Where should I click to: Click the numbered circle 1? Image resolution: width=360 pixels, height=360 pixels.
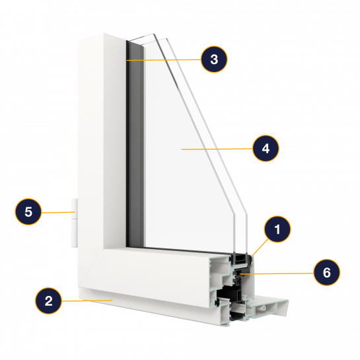277,229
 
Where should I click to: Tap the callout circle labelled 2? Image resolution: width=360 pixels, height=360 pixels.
48,301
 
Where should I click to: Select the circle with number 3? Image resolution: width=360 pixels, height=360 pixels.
214,59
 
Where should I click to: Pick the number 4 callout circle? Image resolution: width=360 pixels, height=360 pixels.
266,149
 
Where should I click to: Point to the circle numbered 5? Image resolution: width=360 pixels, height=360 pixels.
28,211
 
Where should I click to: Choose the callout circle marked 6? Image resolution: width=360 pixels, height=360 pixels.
327,273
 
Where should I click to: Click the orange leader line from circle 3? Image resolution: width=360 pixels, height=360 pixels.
164,60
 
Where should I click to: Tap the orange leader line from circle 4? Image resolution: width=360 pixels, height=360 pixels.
217,149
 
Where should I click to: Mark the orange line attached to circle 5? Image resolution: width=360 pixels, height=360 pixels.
58,213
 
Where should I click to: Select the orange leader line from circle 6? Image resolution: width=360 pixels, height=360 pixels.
277,273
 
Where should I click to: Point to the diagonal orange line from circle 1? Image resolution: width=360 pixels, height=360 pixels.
260,248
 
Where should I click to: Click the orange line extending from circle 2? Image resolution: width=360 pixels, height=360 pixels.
87,301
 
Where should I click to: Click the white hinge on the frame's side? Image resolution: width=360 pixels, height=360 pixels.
75,223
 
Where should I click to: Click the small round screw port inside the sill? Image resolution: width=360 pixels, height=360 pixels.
264,308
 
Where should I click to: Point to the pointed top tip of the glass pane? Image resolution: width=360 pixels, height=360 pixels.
153,34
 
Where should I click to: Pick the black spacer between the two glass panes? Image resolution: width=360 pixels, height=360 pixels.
240,259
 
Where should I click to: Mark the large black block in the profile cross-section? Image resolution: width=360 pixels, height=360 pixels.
229,294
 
